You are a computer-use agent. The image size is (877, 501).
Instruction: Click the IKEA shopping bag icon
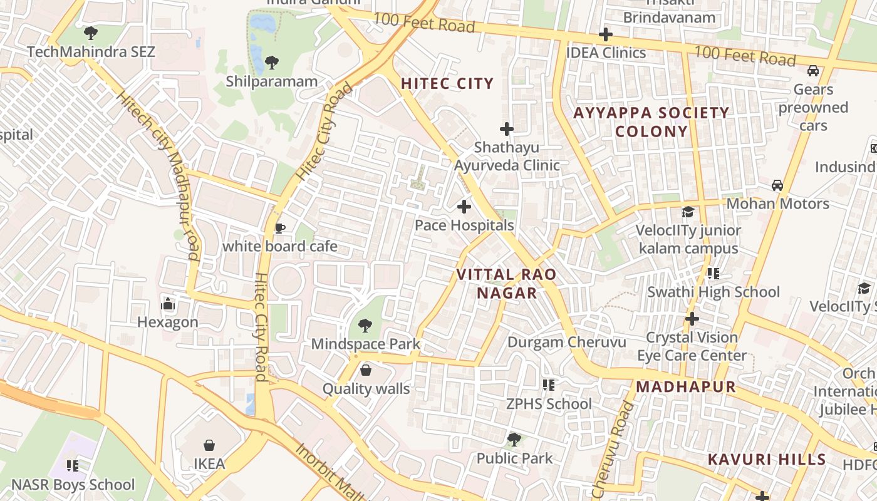click(209, 445)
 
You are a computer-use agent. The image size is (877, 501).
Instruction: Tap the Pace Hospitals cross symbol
click(464, 206)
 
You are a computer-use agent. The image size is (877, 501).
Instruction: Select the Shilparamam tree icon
click(271, 62)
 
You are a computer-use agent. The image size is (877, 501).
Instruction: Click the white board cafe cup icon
click(280, 227)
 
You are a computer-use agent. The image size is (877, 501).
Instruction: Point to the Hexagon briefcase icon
click(167, 304)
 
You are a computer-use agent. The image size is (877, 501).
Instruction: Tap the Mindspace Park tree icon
click(365, 325)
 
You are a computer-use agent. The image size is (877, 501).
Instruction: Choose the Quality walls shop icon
click(366, 370)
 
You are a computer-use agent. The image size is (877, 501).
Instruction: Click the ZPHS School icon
click(549, 385)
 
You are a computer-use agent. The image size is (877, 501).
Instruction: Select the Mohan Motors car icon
click(777, 185)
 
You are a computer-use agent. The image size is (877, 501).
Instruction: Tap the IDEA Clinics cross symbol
click(605, 34)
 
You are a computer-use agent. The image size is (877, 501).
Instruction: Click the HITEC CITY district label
click(447, 83)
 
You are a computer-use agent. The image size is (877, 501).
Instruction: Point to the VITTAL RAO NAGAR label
click(506, 284)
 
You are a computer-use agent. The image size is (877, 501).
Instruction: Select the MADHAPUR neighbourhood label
click(686, 386)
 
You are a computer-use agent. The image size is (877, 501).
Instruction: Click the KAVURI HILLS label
click(767, 459)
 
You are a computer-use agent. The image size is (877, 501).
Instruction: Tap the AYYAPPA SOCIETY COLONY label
click(651, 122)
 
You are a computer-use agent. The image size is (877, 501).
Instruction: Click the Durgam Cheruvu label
click(566, 342)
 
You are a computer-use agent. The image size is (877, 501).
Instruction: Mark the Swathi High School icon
click(713, 274)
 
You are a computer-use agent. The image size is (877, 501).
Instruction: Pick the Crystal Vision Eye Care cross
click(692, 319)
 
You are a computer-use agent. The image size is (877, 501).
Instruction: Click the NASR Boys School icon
click(73, 465)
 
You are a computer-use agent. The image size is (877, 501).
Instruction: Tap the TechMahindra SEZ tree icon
click(91, 33)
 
